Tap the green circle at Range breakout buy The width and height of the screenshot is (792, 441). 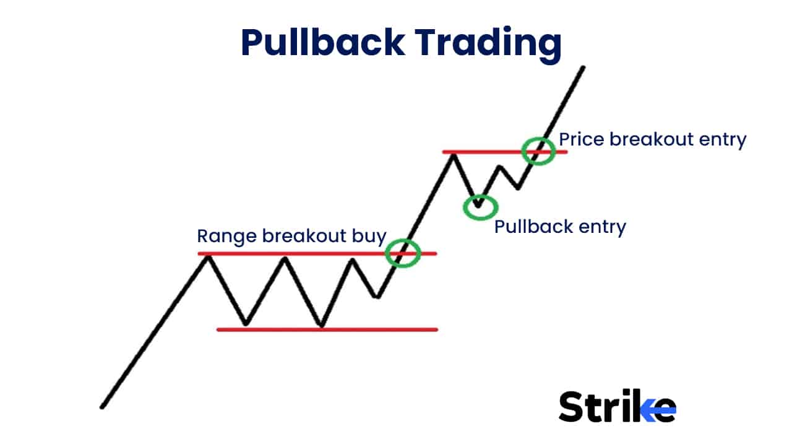pos(403,253)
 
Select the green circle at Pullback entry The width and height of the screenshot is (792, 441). pos(480,207)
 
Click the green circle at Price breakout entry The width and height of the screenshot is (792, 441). pos(538,151)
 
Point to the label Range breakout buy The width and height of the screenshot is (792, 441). pos(291,236)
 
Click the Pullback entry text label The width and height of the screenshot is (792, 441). pos(560,227)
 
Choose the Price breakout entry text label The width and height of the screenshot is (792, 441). pos(652,139)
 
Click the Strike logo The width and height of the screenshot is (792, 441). pos(617,406)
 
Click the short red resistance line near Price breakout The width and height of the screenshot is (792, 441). pos(483,151)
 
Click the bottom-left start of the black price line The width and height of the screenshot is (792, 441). pos(102,407)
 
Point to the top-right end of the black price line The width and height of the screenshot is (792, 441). pos(583,67)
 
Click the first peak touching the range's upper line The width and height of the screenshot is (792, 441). pos(209,256)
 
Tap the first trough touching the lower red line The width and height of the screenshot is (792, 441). pos(246,324)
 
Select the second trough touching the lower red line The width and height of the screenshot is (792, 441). pos(321,325)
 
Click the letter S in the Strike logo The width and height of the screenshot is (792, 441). pos(572,407)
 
